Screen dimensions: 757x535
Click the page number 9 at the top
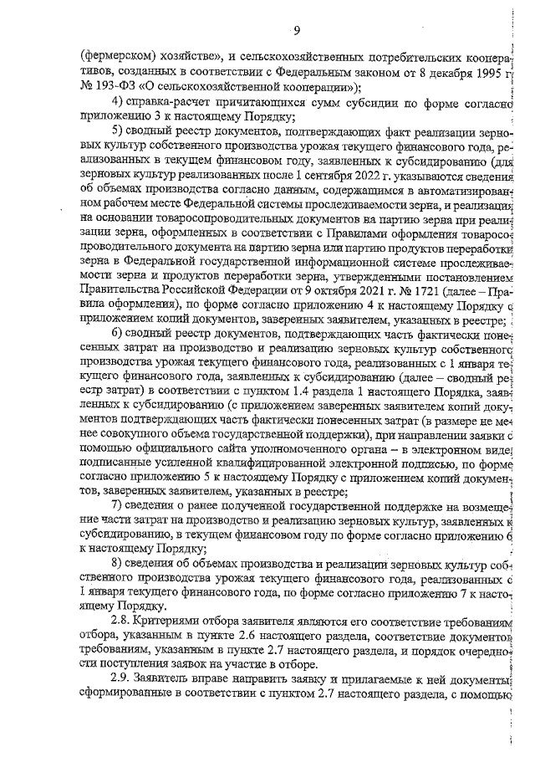coord(294,32)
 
